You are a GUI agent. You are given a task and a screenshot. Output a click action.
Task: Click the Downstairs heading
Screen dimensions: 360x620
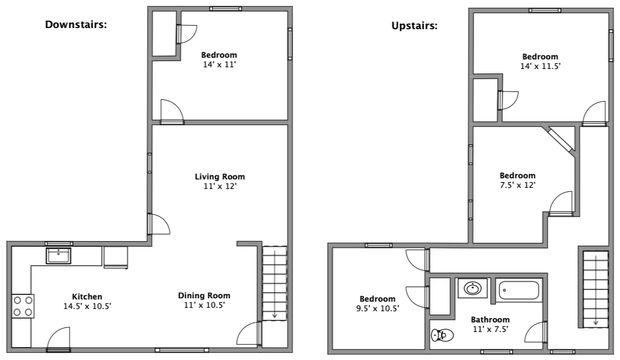[x=76, y=25]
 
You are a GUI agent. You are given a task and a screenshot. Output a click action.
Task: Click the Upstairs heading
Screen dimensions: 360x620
[x=415, y=26]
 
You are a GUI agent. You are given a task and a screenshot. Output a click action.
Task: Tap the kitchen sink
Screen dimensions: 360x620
[x=58, y=256]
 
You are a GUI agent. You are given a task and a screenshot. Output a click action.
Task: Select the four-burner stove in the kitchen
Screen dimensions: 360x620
[x=23, y=306]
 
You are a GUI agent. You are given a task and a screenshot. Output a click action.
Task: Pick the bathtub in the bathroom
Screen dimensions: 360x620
[x=518, y=290]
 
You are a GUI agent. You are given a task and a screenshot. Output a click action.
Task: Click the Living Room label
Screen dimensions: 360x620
[x=219, y=177]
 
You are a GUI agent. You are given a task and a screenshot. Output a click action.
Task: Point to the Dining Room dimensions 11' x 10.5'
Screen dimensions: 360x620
[x=204, y=305]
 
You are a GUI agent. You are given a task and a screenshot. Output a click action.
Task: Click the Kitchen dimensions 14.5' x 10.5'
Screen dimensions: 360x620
[x=87, y=306]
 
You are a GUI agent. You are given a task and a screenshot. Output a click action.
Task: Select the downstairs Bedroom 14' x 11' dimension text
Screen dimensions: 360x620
[x=219, y=64]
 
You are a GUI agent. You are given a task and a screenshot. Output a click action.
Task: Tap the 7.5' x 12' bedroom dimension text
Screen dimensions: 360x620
[x=517, y=185]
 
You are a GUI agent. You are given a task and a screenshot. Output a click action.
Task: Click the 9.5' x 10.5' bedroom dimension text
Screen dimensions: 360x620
[x=377, y=308]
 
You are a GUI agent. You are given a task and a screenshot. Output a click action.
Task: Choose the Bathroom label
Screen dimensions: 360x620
[x=490, y=320]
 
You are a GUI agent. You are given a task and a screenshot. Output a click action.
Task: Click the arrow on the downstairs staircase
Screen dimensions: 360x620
[x=274, y=316]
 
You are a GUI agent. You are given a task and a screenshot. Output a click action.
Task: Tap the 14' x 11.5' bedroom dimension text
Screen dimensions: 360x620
[x=540, y=66]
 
